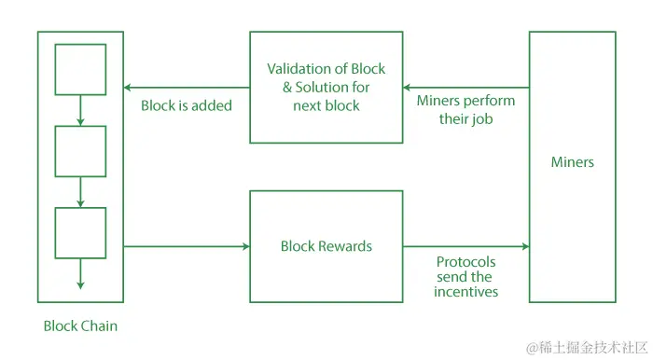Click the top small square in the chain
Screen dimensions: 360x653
coord(80,69)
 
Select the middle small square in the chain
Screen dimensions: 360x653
coord(80,150)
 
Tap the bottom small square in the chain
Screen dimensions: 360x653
coord(80,232)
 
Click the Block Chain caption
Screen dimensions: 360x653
coord(80,326)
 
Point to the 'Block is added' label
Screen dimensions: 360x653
coord(187,105)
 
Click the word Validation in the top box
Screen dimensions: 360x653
coord(299,69)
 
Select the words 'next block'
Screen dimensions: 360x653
coord(326,105)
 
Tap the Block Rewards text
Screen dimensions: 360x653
coord(326,246)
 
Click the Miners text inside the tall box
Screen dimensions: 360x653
coord(573,162)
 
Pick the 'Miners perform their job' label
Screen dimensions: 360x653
coord(465,110)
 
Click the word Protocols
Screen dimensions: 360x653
coord(465,262)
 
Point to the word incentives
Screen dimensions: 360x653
coord(465,292)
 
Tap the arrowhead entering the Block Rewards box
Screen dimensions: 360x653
coord(245,246)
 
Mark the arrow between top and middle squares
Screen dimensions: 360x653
coord(80,110)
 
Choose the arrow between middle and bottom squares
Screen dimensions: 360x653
coord(80,192)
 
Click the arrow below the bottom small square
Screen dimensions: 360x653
coord(80,275)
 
